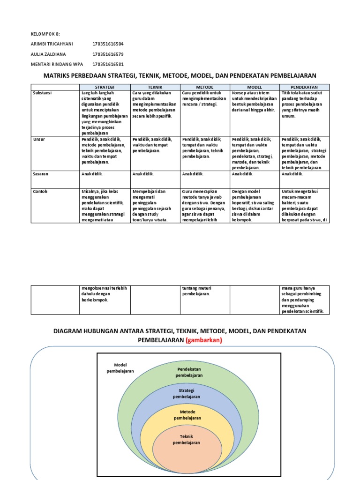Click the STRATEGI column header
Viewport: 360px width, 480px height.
click(105, 87)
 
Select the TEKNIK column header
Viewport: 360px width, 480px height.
click(155, 87)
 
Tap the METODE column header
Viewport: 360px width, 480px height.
click(205, 87)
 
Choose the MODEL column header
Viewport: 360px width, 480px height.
click(255, 87)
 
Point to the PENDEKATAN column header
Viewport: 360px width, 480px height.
click(304, 87)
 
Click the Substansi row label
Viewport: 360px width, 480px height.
click(43, 93)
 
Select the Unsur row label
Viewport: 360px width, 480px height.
click(39, 139)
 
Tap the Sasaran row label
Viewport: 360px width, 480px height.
click(41, 173)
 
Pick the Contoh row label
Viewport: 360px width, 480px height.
click(40, 191)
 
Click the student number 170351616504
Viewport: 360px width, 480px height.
click(108, 44)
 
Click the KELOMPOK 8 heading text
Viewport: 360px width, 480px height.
click(45, 34)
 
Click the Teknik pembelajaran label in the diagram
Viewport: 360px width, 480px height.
click(187, 439)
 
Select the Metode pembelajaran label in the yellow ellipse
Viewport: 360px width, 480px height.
click(187, 414)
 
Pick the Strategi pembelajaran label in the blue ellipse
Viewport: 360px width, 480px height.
click(187, 393)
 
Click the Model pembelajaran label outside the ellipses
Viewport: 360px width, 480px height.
click(124, 367)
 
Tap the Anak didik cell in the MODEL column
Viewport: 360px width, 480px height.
click(242, 173)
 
